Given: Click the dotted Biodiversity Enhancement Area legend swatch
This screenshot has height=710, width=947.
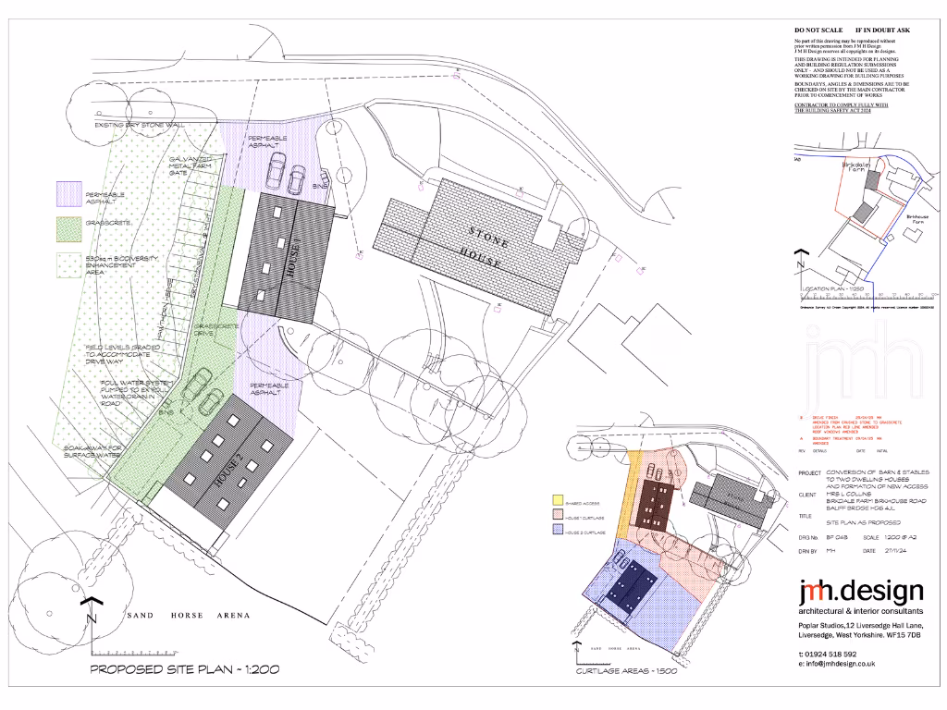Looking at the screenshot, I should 68,263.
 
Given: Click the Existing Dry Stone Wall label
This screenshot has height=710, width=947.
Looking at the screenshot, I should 140,124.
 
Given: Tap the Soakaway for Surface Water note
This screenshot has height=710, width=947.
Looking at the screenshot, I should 92,451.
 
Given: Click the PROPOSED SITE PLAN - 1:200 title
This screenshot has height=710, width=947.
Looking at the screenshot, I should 185,668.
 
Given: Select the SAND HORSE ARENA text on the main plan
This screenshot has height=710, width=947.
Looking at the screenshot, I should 187,615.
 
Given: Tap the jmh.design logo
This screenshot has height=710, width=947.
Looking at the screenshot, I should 860,591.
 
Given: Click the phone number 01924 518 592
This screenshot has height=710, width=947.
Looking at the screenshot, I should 837,654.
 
